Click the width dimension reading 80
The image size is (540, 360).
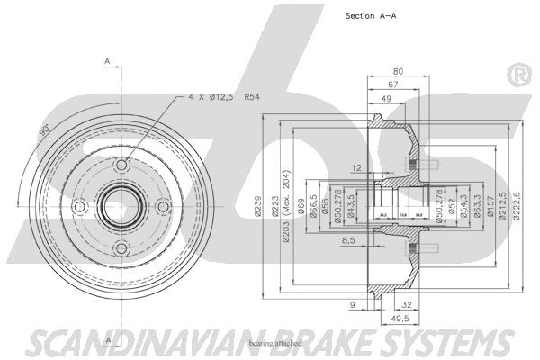[397, 72]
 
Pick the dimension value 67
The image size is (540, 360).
[393, 85]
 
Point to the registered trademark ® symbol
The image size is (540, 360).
[517, 74]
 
